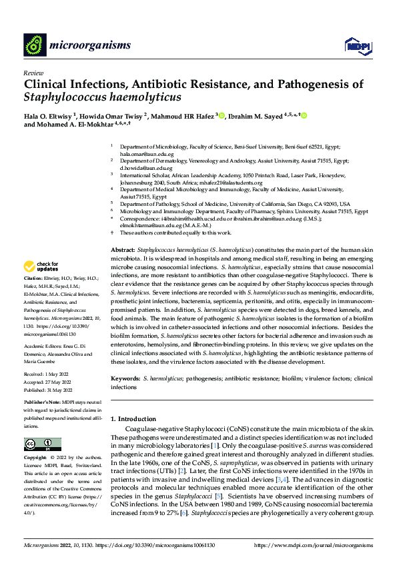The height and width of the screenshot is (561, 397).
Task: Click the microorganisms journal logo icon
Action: coord(34,45)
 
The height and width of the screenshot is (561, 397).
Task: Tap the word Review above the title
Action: coord(33,73)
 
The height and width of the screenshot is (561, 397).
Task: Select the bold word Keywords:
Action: coord(125,378)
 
